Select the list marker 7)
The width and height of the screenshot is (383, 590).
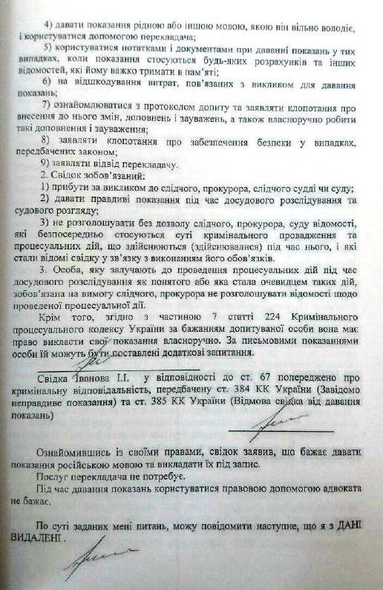pyautogui.click(x=46, y=104)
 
